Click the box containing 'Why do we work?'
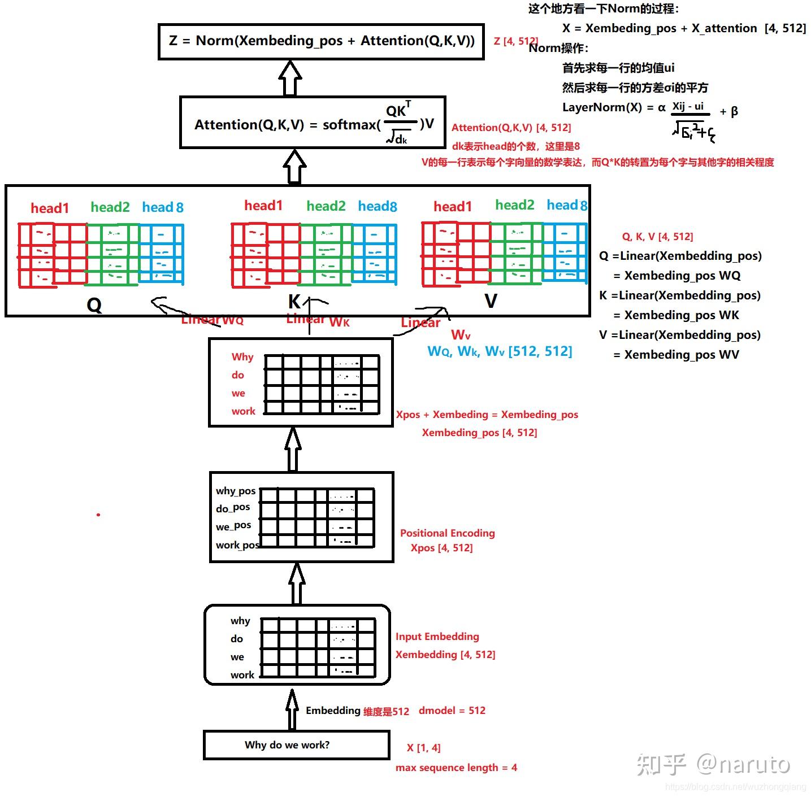click(296, 745)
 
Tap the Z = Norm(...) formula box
click(321, 41)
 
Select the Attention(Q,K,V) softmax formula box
click(313, 123)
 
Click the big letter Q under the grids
click(94, 306)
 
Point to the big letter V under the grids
click(491, 301)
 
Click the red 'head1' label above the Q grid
click(50, 208)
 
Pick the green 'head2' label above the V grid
click(514, 205)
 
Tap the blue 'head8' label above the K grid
click(377, 206)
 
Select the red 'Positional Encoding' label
click(447, 533)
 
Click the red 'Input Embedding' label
click(437, 637)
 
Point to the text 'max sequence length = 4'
click(456, 768)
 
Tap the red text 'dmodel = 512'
click(452, 711)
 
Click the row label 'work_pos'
click(237, 545)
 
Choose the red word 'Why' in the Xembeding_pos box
click(242, 357)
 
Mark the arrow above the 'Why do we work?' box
click(292, 710)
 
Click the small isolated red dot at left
click(98, 515)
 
